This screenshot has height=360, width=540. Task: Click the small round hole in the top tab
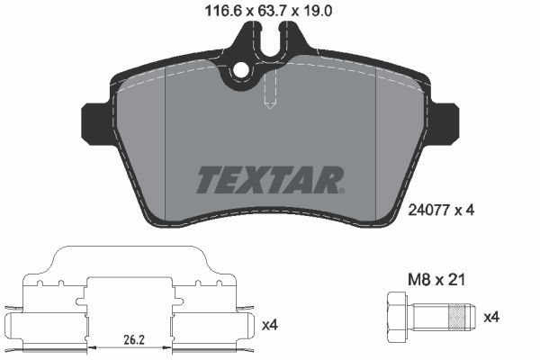pos(240,72)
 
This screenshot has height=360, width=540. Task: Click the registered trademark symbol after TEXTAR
pos(341,190)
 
